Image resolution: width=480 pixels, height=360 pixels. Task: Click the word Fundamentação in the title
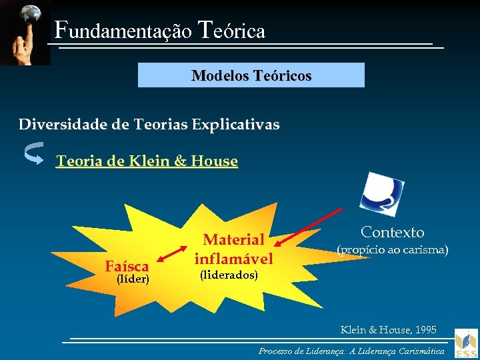(x=123, y=31)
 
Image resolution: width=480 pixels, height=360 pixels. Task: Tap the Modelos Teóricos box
(x=251, y=75)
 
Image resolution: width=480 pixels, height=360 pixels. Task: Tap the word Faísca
(x=127, y=267)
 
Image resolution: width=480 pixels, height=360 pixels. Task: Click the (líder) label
(x=132, y=279)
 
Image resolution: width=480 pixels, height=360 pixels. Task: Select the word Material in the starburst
(x=233, y=239)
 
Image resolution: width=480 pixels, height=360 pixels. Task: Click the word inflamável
(x=233, y=258)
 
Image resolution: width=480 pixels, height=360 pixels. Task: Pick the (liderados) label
(x=229, y=275)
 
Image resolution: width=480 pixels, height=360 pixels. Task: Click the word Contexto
(x=392, y=233)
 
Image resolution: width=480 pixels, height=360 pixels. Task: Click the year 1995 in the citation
(x=424, y=330)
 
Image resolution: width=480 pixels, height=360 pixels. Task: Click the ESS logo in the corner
(x=466, y=344)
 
